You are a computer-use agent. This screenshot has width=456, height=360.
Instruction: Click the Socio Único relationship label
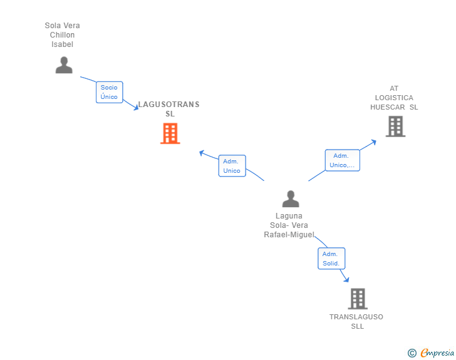point(110,92)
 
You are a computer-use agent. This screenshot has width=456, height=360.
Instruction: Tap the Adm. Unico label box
point(232,166)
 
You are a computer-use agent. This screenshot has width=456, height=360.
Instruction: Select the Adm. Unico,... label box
point(342,160)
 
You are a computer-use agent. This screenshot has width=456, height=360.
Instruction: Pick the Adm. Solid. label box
point(331,259)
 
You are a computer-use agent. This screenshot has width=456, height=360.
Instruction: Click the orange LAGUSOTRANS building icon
point(170,133)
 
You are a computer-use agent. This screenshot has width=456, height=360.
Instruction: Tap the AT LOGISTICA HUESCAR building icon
point(395,126)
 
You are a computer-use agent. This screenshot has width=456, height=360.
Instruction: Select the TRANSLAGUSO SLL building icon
point(358,299)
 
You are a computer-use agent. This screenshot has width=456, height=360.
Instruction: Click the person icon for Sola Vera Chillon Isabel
point(64,65)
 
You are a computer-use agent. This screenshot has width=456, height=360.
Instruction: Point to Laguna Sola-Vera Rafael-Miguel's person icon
point(291,199)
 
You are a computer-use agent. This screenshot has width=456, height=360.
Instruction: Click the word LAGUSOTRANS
point(168,105)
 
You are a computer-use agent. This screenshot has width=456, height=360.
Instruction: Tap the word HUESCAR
point(387,107)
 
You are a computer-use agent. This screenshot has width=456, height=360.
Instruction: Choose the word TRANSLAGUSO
point(356,317)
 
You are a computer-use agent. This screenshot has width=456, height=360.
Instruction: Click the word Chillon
point(62,35)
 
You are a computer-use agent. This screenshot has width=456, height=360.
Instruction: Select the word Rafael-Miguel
point(289,235)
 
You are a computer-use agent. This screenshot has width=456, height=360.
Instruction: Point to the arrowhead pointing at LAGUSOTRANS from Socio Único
point(136,107)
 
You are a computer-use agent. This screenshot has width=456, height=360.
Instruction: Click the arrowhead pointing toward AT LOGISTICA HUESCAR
point(374,142)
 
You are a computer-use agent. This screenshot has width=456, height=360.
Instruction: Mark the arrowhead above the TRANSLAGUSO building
point(346,279)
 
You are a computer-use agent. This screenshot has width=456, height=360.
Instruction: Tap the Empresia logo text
point(437,352)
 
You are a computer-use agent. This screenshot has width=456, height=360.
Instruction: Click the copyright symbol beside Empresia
point(412,353)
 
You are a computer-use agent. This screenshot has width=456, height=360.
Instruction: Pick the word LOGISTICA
point(394,98)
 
